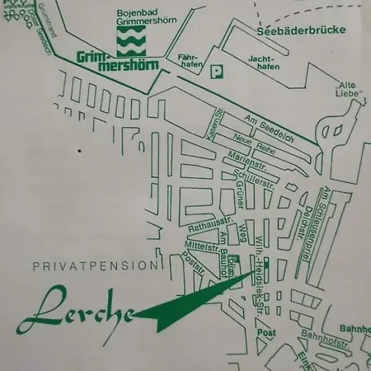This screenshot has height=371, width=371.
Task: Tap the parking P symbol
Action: click(217, 72)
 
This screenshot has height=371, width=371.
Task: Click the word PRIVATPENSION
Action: click(95, 265)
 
